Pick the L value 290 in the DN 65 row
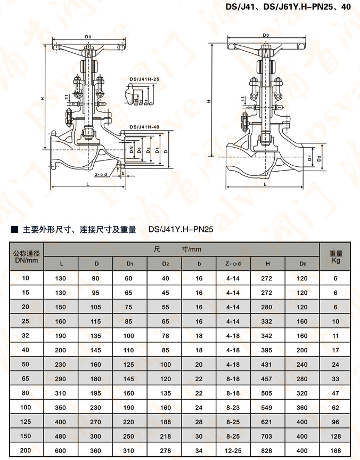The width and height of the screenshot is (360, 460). (x=61, y=379)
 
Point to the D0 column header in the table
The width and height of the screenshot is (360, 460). (x=302, y=263)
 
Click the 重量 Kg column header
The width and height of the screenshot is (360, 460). (x=336, y=257)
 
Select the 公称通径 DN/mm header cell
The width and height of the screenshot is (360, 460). (x=27, y=257)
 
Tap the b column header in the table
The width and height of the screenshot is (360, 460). (x=199, y=263)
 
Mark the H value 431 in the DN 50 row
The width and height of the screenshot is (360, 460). (x=267, y=365)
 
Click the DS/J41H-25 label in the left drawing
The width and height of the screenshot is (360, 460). (x=144, y=79)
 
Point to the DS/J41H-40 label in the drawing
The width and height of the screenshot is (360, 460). (x=144, y=127)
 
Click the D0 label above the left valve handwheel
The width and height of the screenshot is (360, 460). (x=88, y=37)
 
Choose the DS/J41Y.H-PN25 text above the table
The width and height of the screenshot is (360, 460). (x=181, y=229)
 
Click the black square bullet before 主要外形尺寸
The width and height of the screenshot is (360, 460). (x=14, y=229)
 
